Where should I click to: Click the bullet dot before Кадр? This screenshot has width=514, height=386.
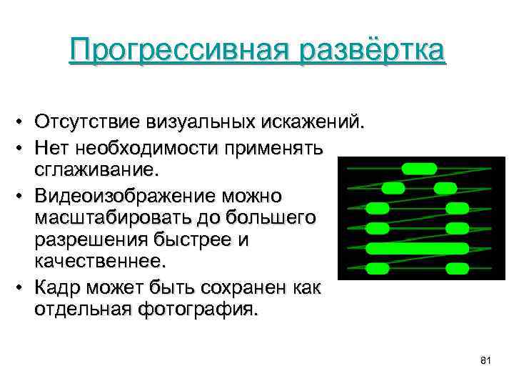(24, 288)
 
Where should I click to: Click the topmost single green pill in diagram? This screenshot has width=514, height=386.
(419, 169)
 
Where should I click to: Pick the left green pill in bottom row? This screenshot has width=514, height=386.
(378, 269)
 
